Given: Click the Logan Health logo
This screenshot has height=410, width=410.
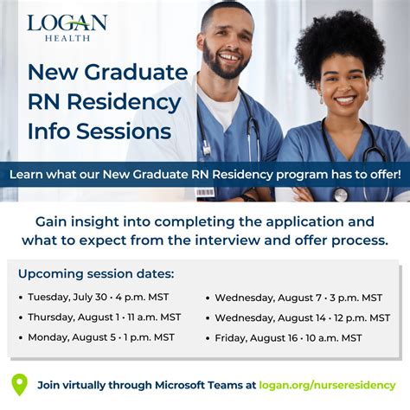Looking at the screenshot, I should [x=67, y=28].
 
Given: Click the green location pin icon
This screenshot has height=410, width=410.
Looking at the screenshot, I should [x=19, y=383].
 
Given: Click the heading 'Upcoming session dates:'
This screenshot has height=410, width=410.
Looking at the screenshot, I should [x=95, y=274].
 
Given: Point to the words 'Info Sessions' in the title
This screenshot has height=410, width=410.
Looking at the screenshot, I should [x=99, y=132].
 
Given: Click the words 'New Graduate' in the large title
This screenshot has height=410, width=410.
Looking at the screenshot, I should [x=107, y=73].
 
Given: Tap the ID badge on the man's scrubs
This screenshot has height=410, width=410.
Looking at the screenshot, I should [x=204, y=191].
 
